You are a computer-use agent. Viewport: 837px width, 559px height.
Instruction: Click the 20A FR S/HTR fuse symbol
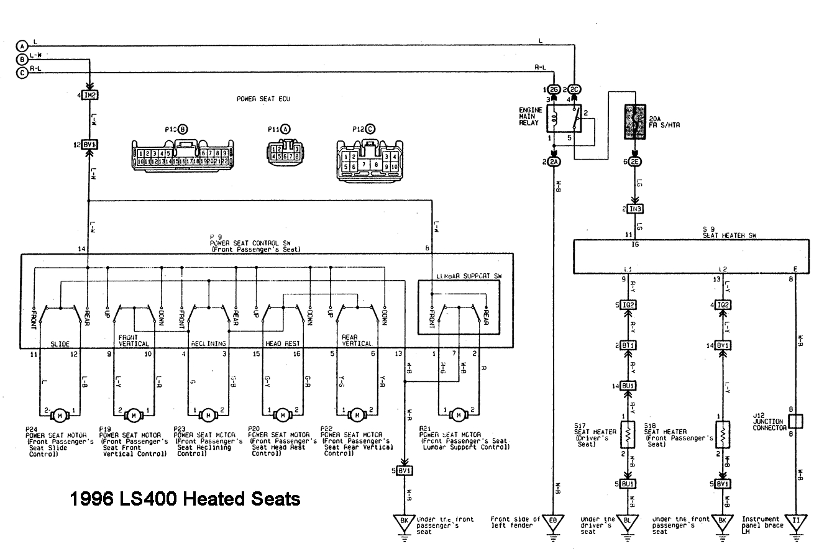click(634, 120)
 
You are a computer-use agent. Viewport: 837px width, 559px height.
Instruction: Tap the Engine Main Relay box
click(564, 117)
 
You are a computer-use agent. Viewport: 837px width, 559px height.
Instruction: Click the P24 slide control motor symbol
click(60, 414)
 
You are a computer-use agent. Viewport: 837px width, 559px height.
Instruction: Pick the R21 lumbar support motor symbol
click(459, 414)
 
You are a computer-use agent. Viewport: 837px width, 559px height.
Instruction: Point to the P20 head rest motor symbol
click(282, 414)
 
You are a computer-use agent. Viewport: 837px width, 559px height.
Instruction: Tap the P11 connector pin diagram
click(285, 152)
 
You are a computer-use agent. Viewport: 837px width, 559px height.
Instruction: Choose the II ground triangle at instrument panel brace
click(795, 522)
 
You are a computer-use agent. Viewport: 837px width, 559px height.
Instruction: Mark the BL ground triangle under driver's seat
click(627, 522)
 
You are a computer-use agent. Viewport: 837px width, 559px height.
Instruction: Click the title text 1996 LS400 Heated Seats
click(185, 498)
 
